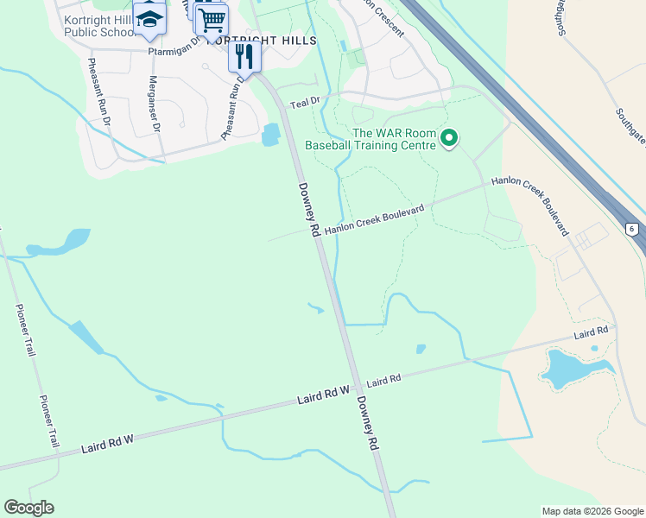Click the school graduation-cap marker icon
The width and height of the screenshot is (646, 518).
(150, 19)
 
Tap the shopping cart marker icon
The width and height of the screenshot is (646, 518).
(212, 19)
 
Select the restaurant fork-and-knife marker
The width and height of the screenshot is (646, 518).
(244, 58)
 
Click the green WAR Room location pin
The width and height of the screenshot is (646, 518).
(448, 138)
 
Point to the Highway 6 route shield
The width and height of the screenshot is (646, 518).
(632, 228)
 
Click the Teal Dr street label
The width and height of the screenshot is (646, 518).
(305, 103)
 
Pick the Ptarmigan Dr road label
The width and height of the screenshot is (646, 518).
(174, 50)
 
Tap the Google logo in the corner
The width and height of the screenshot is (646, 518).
(28, 508)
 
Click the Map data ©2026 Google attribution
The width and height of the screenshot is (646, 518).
(592, 511)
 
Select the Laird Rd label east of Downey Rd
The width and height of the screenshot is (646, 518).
(383, 380)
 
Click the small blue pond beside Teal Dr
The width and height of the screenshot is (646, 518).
(270, 134)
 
